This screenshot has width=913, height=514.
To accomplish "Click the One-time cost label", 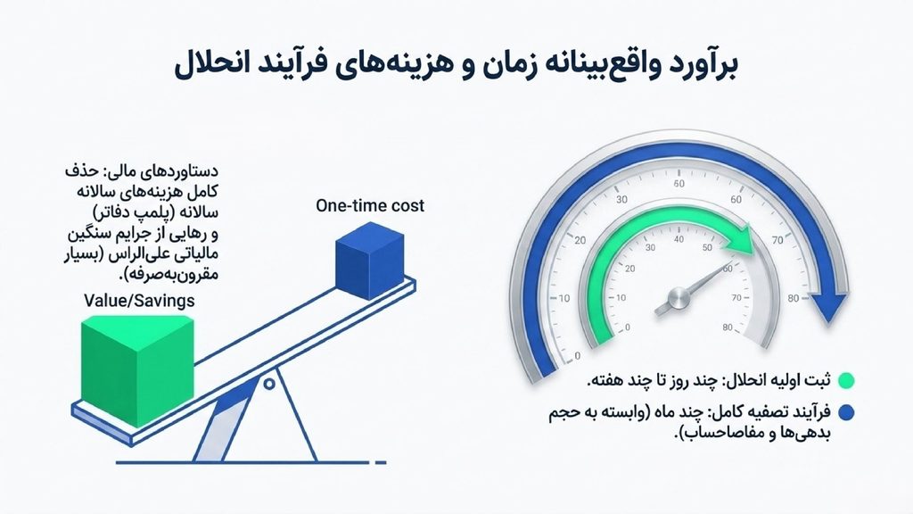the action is point(370,206).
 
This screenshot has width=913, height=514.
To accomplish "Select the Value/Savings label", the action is point(139,301).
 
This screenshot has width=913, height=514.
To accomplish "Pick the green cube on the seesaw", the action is point(136,370).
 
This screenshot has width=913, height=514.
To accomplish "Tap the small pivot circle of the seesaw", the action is point(269,384).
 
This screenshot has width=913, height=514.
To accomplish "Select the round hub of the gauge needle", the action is point(679,298).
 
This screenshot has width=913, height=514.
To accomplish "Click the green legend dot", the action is point(846,381).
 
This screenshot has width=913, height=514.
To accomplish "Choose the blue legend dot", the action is point(846,412).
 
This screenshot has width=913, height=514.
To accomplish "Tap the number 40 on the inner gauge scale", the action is point(679,239).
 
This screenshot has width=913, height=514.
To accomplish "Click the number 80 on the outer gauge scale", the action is point(794,298).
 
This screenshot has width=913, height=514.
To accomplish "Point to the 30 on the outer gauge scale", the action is point(621,199).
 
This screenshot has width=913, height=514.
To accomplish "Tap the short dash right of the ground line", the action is point(381,463).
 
